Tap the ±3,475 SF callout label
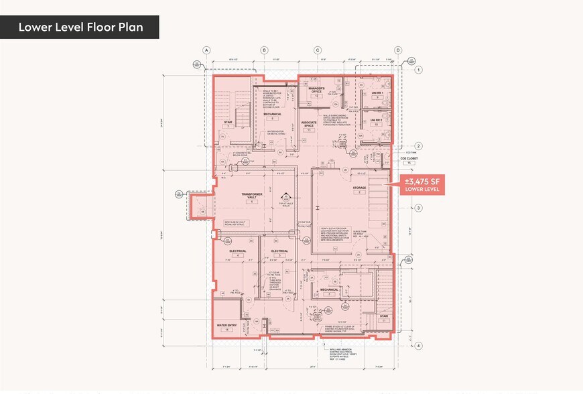tap(420, 184)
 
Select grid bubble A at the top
tap(207, 50)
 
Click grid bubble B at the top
tap(264, 50)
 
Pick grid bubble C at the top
tap(318, 50)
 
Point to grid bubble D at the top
tap(397, 50)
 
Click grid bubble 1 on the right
tap(418, 70)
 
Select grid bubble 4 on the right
tap(418, 346)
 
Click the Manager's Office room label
tap(316, 88)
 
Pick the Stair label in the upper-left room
tap(228, 123)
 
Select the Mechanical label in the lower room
tap(330, 290)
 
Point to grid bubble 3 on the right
tap(418, 208)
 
